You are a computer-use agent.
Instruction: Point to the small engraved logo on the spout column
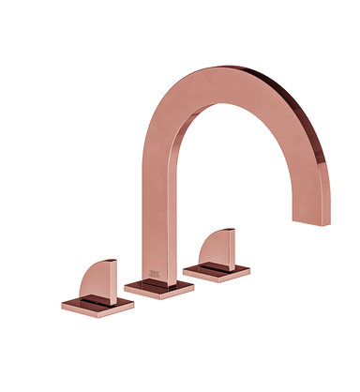(x=156, y=275)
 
